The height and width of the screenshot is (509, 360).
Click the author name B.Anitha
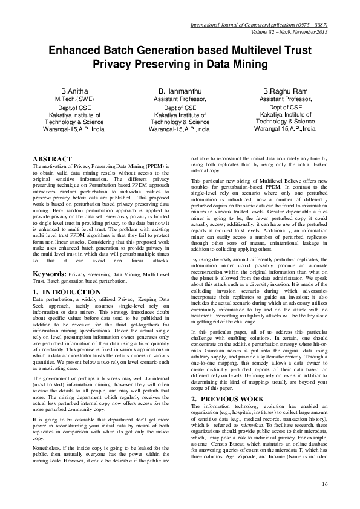click(74, 91)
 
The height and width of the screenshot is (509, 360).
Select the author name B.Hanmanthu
click(180, 91)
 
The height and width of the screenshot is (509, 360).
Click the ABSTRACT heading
click(52, 159)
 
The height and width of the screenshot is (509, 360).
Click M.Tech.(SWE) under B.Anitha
click(74, 98)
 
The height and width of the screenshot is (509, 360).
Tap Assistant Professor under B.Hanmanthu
click(180, 98)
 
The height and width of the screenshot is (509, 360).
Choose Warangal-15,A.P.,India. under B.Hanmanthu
click(180, 129)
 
